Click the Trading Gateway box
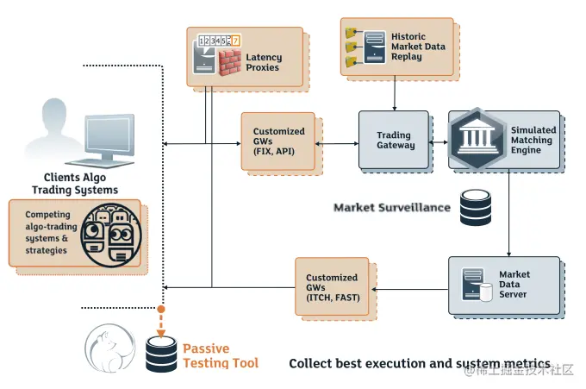pos(394,140)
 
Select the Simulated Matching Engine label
pos(533,140)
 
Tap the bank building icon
pos(476,140)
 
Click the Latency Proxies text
pos(263,62)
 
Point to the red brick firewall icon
pos(230,62)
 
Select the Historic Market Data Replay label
pos(419,46)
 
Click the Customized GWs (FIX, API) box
pos(278,141)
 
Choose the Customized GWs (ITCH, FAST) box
pos(332,287)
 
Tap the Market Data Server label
pos(514,285)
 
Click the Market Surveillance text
pos(391,207)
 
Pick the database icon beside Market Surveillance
pos(476,207)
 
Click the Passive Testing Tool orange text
pos(220,356)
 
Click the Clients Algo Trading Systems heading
pos(75,184)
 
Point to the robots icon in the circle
pos(111,233)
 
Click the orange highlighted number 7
pos(236,40)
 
